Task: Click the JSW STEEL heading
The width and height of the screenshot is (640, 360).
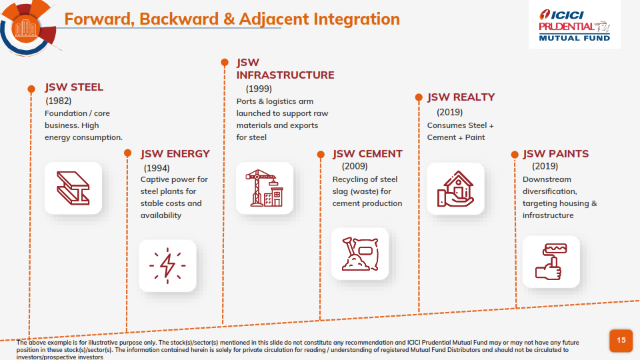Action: (74, 87)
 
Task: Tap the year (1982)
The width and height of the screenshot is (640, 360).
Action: (59, 101)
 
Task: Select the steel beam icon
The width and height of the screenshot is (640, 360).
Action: (73, 188)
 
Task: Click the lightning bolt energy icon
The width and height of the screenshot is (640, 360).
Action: (167, 265)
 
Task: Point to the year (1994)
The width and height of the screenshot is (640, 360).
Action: (157, 168)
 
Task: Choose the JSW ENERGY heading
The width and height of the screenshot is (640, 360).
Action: (175, 154)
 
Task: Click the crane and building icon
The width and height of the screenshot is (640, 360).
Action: (265, 188)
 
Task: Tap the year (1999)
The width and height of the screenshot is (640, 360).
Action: (259, 89)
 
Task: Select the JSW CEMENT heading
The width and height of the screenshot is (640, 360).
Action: (367, 154)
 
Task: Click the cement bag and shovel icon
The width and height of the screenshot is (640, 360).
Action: (360, 253)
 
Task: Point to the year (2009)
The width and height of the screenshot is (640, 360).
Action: (355, 166)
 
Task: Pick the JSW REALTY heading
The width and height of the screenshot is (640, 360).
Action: (461, 97)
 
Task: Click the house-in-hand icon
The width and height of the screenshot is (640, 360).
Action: (455, 189)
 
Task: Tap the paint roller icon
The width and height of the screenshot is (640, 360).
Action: (551, 261)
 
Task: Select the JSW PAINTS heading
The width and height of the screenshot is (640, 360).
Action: (555, 154)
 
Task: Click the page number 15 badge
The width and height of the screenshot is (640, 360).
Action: (621, 341)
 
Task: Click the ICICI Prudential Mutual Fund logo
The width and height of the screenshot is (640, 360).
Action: (574, 25)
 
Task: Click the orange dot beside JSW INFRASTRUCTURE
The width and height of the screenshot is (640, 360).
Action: (225, 63)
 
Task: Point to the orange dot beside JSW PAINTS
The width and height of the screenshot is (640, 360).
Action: (515, 155)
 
